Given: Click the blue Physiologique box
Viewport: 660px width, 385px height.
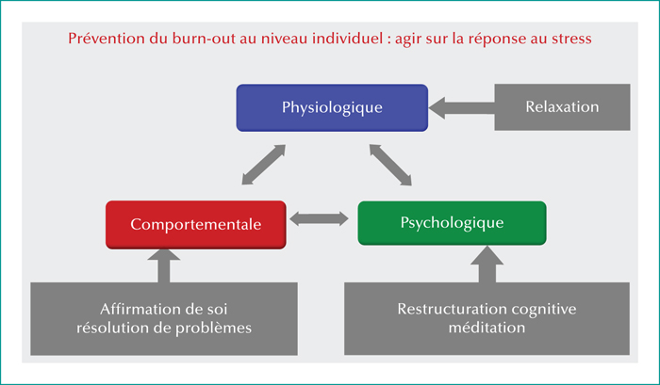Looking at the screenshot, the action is pos(332,107).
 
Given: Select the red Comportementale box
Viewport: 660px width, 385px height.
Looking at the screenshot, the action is pos(196,224).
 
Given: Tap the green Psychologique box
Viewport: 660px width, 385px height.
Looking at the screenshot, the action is pos(452,223).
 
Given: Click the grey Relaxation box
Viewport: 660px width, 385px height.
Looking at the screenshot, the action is pos(562,106).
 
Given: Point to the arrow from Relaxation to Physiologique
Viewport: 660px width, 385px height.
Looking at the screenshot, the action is pos(461,108).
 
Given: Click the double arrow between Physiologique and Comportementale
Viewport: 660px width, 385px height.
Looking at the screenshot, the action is pos(263,165).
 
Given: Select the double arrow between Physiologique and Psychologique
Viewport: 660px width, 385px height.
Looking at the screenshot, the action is pos(390,165).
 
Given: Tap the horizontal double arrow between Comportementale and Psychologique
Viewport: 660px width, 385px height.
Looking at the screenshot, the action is pos(319,219).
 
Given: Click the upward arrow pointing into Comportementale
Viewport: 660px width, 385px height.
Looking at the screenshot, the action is pos(164,265).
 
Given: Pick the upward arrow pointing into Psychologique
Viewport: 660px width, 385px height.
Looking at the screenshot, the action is pos(487,264).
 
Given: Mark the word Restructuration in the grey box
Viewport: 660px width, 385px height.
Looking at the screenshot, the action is pos(452,309).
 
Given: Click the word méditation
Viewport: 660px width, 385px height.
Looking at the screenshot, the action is pos(487,328).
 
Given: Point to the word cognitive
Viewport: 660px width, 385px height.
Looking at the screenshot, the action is pos(544,310).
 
